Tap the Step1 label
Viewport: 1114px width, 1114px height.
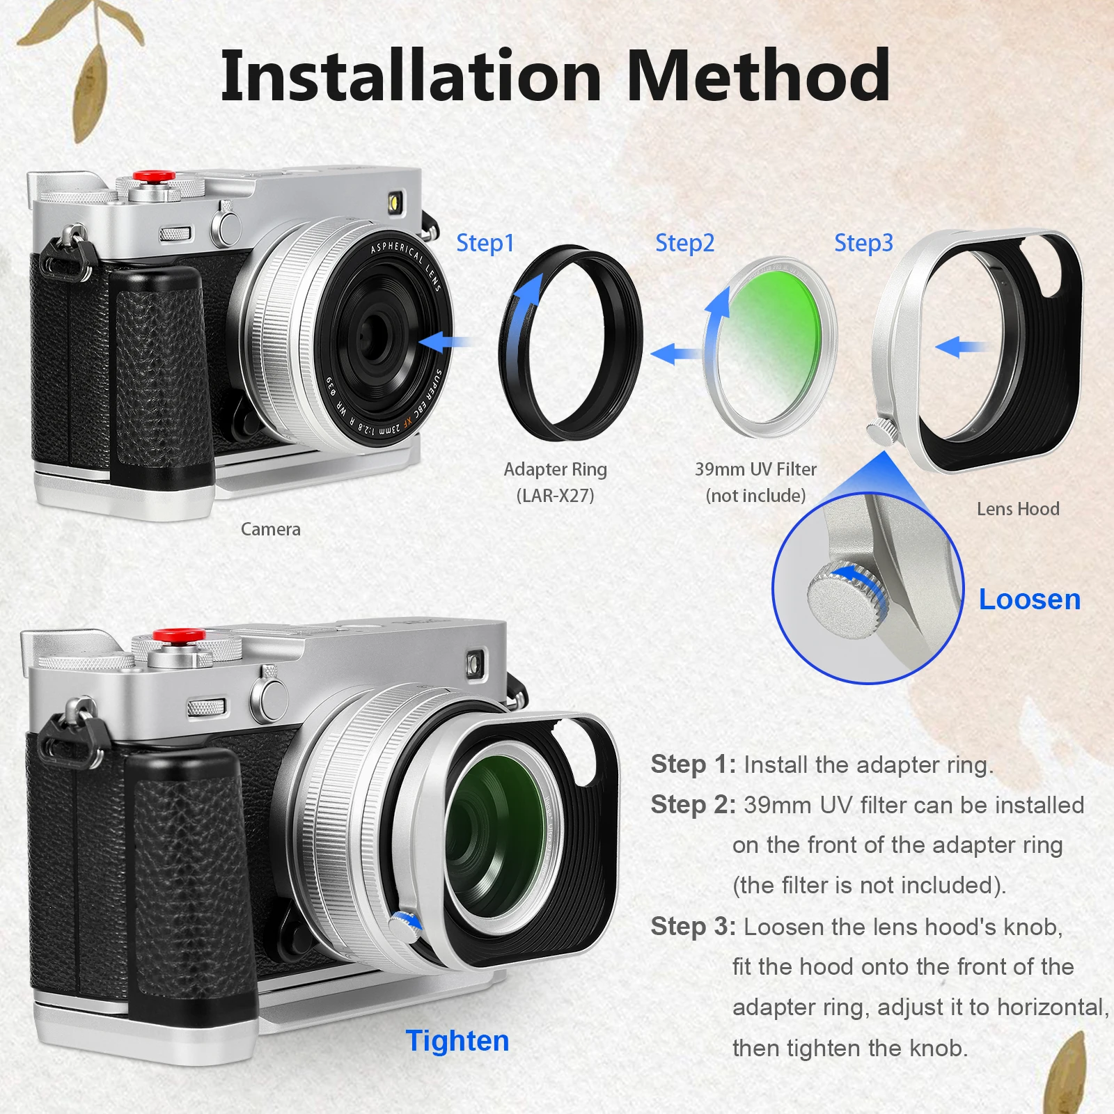(x=485, y=243)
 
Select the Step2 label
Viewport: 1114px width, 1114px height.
(x=684, y=243)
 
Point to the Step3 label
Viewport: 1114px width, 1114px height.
(x=863, y=243)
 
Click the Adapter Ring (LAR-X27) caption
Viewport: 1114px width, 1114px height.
(x=555, y=482)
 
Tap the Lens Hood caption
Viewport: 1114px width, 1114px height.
(x=1018, y=509)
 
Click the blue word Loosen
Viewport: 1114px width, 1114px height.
(x=1029, y=599)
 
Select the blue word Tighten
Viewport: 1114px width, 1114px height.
(x=457, y=1041)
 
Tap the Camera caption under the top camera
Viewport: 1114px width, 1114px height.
(x=270, y=529)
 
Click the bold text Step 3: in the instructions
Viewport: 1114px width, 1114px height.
(x=693, y=927)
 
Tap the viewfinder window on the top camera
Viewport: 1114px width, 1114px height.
(x=395, y=203)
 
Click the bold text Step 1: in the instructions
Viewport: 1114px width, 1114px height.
(x=693, y=764)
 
